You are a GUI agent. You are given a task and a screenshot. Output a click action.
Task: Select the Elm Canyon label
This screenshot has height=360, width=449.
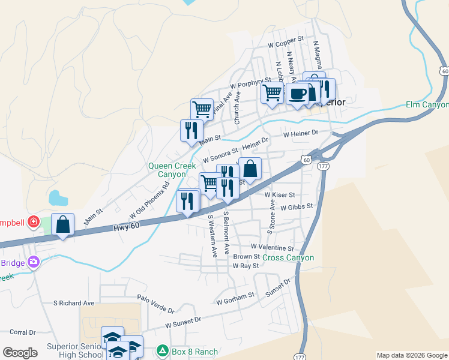click(x=427, y=104)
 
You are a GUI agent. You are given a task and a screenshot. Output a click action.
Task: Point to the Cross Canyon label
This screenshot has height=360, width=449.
click(x=288, y=257)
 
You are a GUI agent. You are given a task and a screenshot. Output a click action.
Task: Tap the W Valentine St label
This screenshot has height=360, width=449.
click(x=272, y=247)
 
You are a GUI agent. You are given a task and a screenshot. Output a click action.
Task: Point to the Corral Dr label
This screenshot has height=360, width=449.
click(x=23, y=332)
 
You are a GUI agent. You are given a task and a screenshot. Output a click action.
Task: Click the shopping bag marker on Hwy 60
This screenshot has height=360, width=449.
click(x=63, y=225)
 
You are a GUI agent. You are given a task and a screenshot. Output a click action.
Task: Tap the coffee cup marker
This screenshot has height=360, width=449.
click(x=297, y=94)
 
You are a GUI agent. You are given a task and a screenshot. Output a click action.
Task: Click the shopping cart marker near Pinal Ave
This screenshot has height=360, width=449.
click(x=202, y=110)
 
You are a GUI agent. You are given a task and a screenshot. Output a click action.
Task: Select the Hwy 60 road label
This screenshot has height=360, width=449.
click(x=126, y=226)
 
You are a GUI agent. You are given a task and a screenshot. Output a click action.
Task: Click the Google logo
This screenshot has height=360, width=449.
click(x=20, y=353)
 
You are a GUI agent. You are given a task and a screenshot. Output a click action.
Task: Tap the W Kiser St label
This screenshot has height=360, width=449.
click(x=280, y=195)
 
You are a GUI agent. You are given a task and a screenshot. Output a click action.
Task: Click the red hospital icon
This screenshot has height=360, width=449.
click(x=34, y=222)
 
